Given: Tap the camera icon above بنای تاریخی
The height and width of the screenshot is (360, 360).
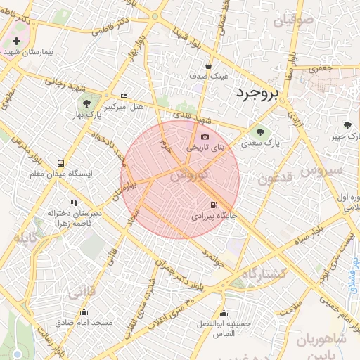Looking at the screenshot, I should tap(205, 137).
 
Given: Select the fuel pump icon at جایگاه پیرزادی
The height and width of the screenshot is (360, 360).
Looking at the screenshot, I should tap(214, 205).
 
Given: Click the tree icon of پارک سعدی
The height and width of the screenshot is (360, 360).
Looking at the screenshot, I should tap(261, 131).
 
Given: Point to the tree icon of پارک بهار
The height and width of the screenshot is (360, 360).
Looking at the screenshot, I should tap(86, 104).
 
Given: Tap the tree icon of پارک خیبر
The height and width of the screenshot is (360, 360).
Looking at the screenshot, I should tap(347, 124).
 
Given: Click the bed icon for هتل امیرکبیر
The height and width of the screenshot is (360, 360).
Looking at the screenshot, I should tap(124, 96).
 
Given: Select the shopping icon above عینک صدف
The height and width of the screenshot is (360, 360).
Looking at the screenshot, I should tap(209, 65).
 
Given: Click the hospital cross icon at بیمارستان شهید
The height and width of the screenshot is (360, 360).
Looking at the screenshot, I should tap(17, 41).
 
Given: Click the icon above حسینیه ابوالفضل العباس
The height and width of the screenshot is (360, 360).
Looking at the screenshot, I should tap(224, 314).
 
